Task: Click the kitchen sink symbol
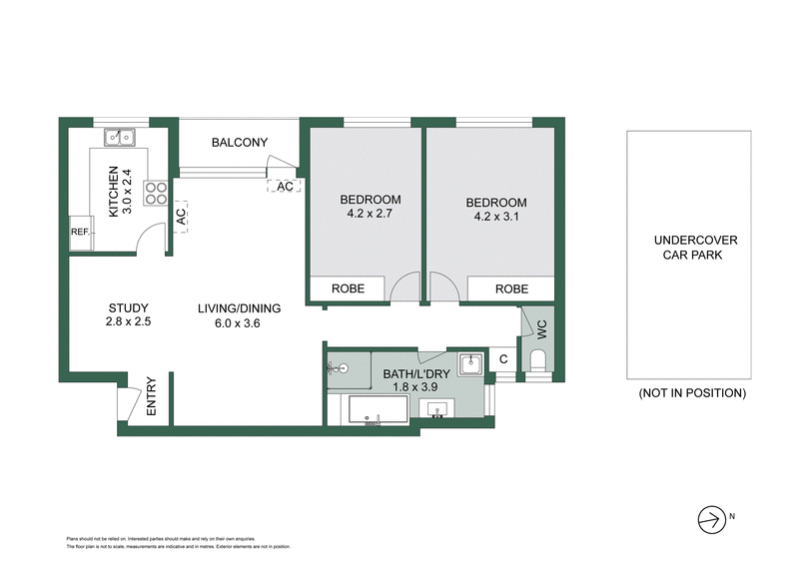122,136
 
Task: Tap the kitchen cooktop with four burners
156,193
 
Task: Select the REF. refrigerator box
80,233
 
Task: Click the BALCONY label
239,143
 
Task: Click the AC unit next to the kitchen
181,215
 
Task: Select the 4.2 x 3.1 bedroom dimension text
496,218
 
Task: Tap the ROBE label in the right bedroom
510,288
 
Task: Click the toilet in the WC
538,360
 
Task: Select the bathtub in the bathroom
377,410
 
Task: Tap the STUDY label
128,307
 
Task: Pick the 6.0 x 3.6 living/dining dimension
239,323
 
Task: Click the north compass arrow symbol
711,518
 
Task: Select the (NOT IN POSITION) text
691,393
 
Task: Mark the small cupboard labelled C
504,359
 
